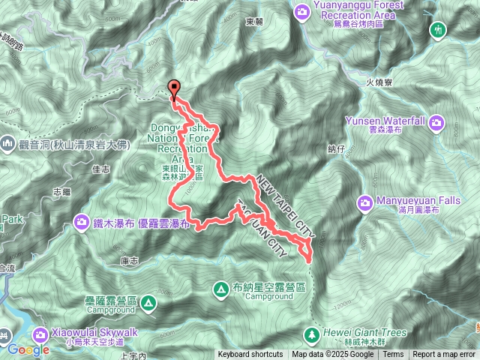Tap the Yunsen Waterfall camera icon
(x=436, y=121)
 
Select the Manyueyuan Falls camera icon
(x=365, y=202)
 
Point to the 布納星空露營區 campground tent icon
(x=221, y=288)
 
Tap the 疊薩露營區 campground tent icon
(x=148, y=303)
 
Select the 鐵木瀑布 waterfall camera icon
(x=81, y=220)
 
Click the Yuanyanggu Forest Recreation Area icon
(x=301, y=11)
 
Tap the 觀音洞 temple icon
(x=7, y=142)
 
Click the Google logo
(x=28, y=349)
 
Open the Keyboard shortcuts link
(x=251, y=355)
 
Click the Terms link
(x=394, y=355)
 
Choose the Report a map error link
(x=444, y=355)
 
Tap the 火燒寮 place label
(x=380, y=84)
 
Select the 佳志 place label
(x=100, y=169)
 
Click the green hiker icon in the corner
(x=439, y=30)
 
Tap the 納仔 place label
(x=334, y=149)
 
